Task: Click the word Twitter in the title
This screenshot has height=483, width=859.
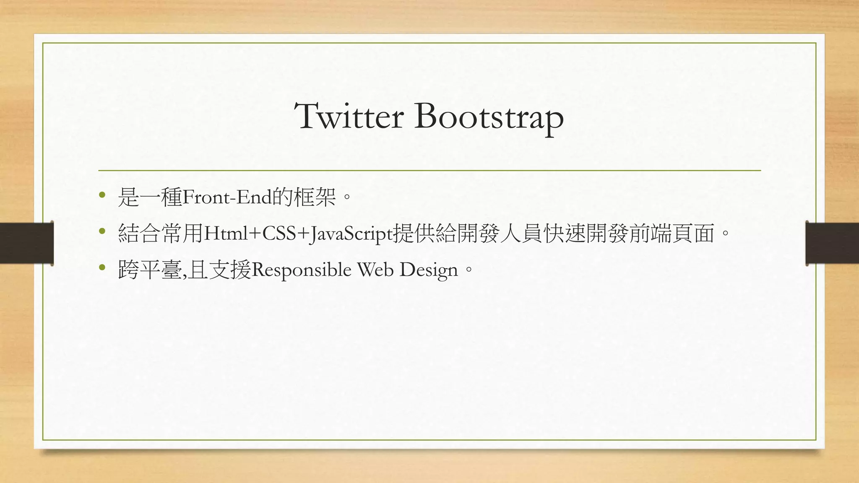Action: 349,116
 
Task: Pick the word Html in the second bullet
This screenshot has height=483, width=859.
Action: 225,234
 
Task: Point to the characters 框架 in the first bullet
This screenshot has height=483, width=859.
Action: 315,197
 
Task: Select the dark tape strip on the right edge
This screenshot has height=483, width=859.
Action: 832,243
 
